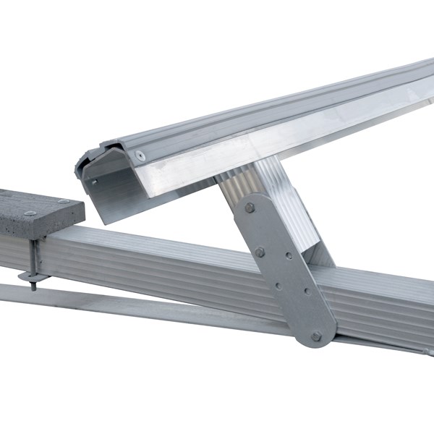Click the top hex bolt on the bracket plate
(x=250, y=208)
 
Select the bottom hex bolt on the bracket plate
(x=316, y=336)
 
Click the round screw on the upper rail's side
(x=140, y=156)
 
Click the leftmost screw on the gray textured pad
(x=30, y=213)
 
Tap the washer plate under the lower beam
(x=29, y=275)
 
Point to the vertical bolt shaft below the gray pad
(x=33, y=257)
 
